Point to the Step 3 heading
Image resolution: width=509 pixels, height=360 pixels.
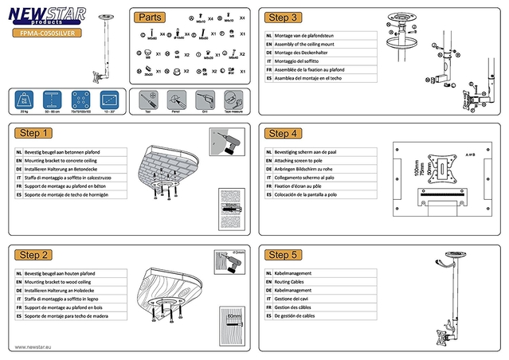284,17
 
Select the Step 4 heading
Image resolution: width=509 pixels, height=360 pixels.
284,133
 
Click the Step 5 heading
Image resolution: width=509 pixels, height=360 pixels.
284,255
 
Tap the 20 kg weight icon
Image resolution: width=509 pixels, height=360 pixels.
25,100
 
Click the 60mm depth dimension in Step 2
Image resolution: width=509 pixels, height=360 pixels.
233,316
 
